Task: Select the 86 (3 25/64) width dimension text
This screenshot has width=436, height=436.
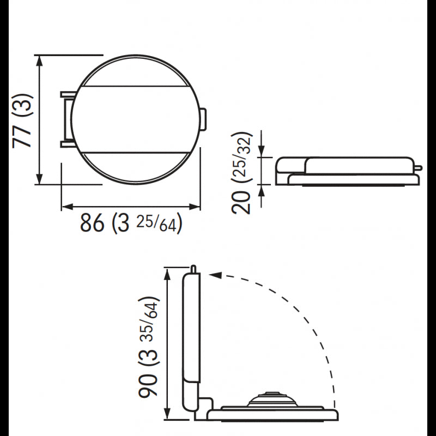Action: [x=131, y=222]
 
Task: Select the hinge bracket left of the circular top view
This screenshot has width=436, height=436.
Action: [x=66, y=119]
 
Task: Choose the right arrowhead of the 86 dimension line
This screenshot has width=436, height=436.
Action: [x=196, y=206]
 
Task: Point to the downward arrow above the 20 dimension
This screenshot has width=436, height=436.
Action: [x=262, y=152]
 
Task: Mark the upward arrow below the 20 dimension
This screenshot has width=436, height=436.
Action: [x=262, y=190]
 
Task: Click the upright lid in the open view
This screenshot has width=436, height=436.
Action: [x=191, y=327]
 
